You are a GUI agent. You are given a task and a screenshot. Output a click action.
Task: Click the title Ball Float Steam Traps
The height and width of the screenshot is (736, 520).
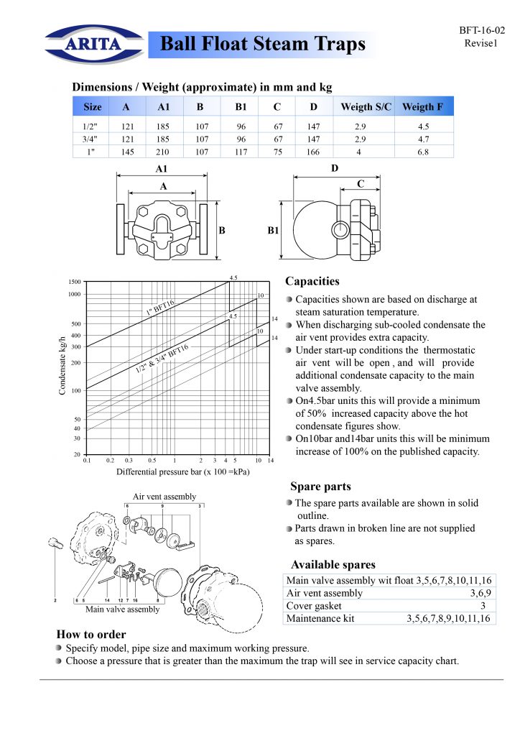[x=262, y=45]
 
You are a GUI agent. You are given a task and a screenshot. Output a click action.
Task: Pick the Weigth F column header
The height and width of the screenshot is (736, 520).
[x=422, y=107]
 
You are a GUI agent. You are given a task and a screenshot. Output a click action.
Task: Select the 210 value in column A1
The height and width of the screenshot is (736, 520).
[x=162, y=152]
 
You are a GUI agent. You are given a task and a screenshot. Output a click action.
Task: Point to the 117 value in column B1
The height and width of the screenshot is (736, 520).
[x=241, y=152]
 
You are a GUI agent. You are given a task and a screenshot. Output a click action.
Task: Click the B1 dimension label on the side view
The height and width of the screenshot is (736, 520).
[x=273, y=231]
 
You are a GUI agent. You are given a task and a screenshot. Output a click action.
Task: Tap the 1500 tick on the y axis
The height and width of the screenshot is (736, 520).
[x=74, y=282]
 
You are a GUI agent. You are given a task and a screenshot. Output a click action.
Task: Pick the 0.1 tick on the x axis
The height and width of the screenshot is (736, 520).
[x=87, y=460]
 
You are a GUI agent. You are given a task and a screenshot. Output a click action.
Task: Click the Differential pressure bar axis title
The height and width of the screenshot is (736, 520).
[x=183, y=472]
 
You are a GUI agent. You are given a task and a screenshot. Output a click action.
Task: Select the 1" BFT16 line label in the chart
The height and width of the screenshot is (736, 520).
[x=160, y=308]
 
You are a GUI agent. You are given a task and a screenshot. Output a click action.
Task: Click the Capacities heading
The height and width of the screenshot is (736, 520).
[x=312, y=281]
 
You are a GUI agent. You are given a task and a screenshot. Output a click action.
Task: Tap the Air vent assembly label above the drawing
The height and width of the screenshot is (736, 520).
[x=164, y=497]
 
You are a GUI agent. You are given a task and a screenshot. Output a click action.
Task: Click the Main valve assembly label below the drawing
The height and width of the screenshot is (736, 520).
[x=123, y=609]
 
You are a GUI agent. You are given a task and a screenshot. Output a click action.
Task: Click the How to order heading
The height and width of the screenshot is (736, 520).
[x=91, y=634]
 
